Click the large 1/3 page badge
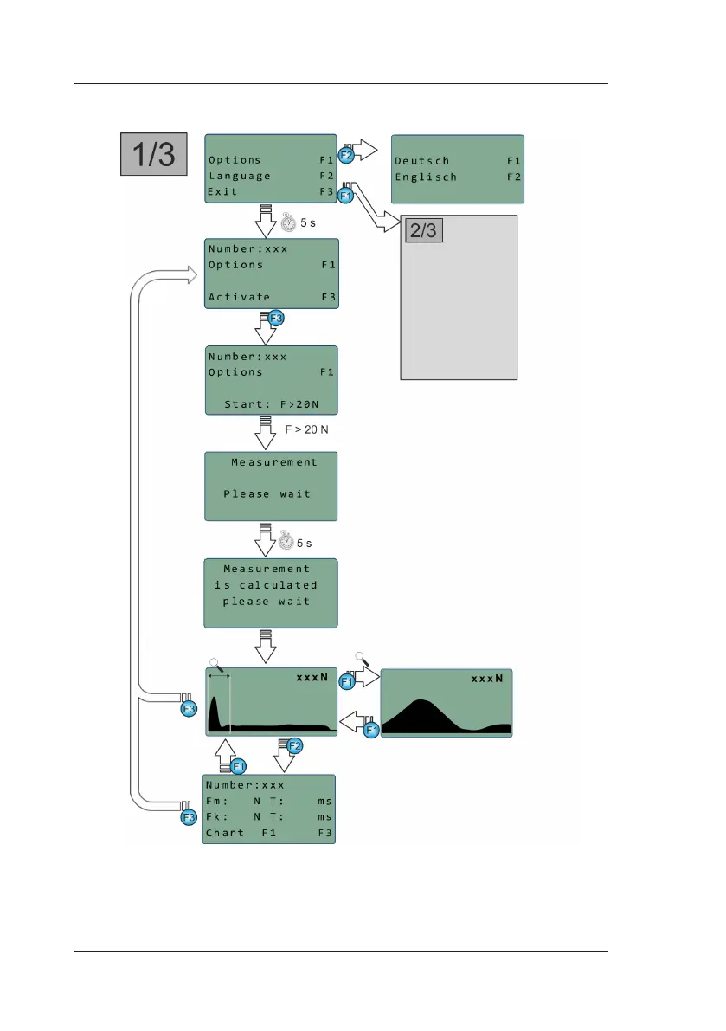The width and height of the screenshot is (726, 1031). (x=152, y=154)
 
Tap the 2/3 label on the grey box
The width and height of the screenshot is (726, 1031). (x=424, y=230)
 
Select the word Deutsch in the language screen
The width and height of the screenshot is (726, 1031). (x=421, y=160)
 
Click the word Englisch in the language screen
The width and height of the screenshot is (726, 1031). (x=426, y=177)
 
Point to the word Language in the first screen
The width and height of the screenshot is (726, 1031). (x=239, y=176)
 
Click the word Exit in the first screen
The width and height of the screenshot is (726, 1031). (x=222, y=191)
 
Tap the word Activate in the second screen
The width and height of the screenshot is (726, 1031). (x=239, y=297)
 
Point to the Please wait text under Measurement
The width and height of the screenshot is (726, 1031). (x=267, y=494)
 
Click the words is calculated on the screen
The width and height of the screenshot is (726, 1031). (x=266, y=585)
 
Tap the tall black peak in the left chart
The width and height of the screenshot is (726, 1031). (x=213, y=706)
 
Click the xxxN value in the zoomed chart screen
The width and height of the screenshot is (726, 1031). (x=486, y=679)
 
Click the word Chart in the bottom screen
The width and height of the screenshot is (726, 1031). (x=224, y=834)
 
